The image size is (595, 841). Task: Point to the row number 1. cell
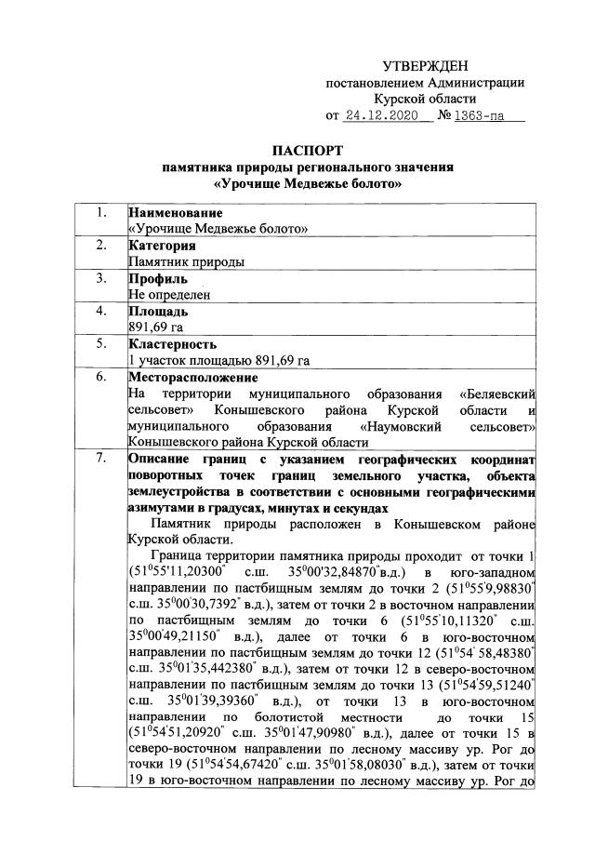[99, 212]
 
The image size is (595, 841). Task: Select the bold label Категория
[162, 246]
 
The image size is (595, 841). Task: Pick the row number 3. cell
[99, 278]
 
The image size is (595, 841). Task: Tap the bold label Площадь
[158, 312]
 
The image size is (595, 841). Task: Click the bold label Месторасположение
[192, 377]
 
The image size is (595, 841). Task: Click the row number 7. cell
[99, 460]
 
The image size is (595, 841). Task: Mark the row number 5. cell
[99, 344]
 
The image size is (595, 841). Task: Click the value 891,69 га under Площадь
[155, 327]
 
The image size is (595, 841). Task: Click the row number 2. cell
[99, 246]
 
